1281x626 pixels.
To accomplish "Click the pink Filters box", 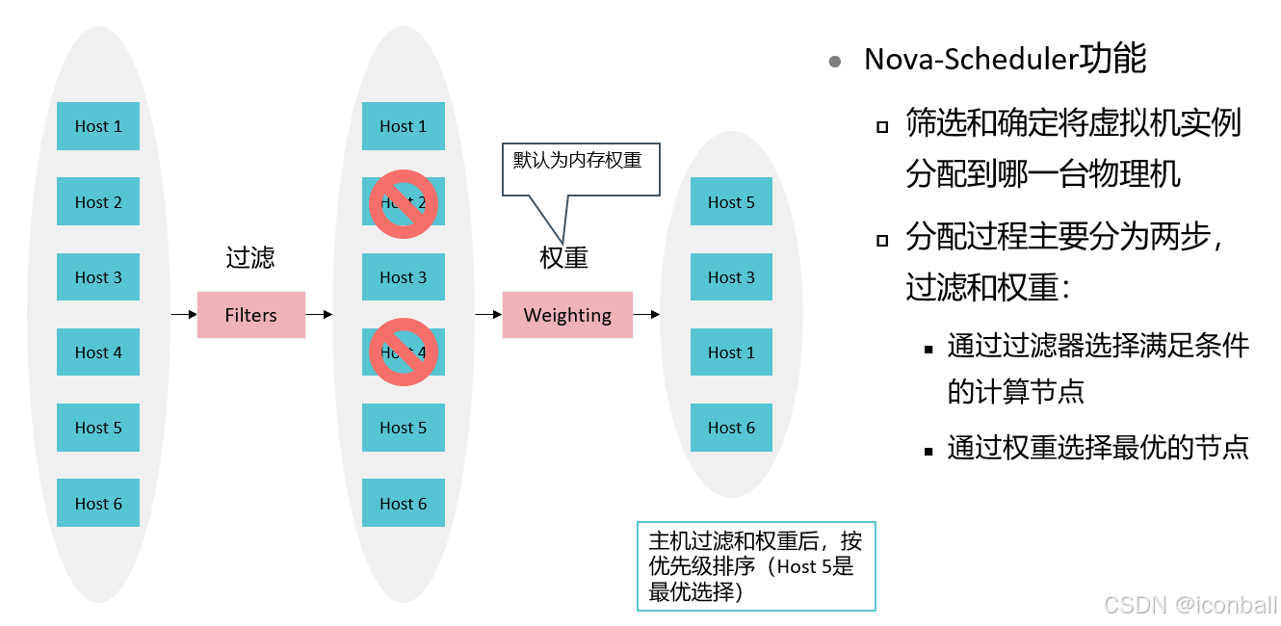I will [x=250, y=315].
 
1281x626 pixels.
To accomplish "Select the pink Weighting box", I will [x=567, y=315].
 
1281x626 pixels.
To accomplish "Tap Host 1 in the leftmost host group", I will [x=98, y=126].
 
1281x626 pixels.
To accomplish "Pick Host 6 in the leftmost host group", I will [x=98, y=503].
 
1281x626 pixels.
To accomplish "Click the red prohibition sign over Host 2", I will [x=404, y=203].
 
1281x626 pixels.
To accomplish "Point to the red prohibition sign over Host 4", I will [x=404, y=352].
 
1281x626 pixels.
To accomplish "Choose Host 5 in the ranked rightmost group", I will [x=731, y=202].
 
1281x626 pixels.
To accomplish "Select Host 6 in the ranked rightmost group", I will [x=731, y=428].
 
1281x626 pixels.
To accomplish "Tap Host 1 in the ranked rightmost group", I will [x=731, y=352].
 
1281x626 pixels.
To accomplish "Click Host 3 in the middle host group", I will [x=404, y=277].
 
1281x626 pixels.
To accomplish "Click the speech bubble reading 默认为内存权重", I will [x=580, y=170].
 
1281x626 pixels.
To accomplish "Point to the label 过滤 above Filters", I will [x=250, y=258].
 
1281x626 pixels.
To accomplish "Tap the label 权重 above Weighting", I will [x=564, y=258].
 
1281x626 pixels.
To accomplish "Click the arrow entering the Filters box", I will [x=184, y=314].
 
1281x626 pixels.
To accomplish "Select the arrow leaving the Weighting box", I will [x=646, y=314].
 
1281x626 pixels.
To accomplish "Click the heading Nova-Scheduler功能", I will [x=1005, y=60].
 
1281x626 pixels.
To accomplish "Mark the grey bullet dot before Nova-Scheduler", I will [x=835, y=62].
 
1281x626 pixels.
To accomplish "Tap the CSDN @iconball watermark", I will [x=1190, y=605].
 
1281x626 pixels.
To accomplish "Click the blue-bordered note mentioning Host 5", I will [x=756, y=566].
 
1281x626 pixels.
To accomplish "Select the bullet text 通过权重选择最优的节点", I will [x=1098, y=447].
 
